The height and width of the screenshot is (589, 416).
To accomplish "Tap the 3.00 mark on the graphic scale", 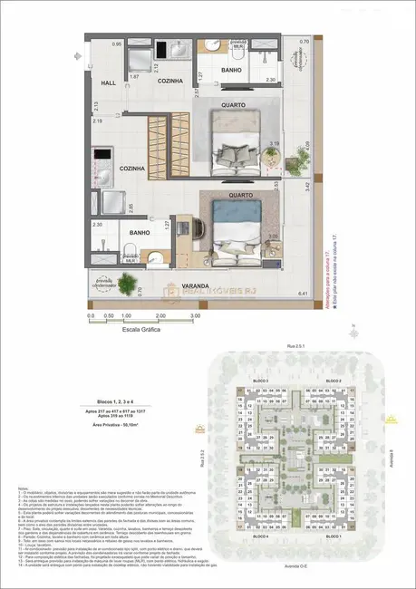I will (194, 315).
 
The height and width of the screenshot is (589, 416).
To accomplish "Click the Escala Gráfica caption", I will (143, 331).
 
